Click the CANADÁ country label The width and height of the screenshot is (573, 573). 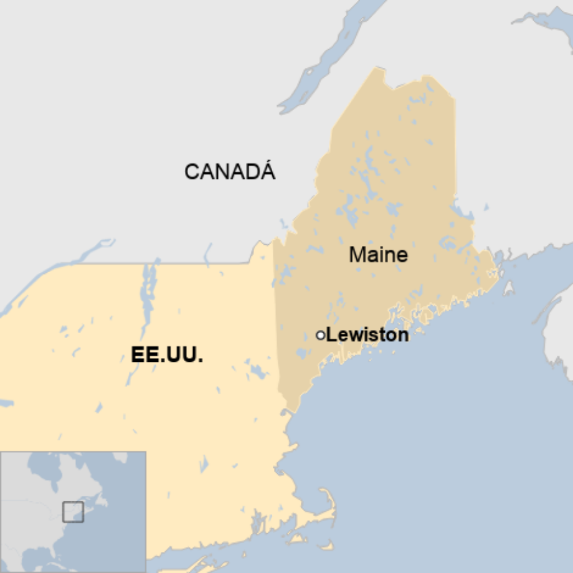(229, 171)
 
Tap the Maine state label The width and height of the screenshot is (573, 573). (378, 255)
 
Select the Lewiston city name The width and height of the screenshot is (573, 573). (367, 335)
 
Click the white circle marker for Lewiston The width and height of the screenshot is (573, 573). (320, 335)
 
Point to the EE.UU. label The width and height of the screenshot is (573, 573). (167, 355)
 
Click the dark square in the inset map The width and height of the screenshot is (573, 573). (73, 511)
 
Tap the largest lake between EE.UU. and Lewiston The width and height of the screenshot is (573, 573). (255, 371)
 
